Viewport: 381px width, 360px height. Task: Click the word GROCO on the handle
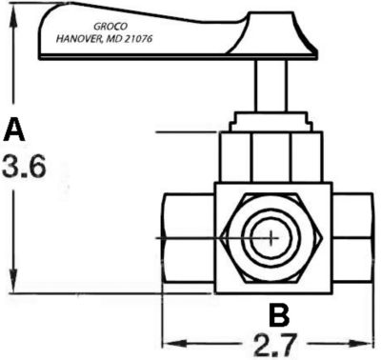[x=113, y=30]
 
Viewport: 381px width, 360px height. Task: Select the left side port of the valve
[x=187, y=235]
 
